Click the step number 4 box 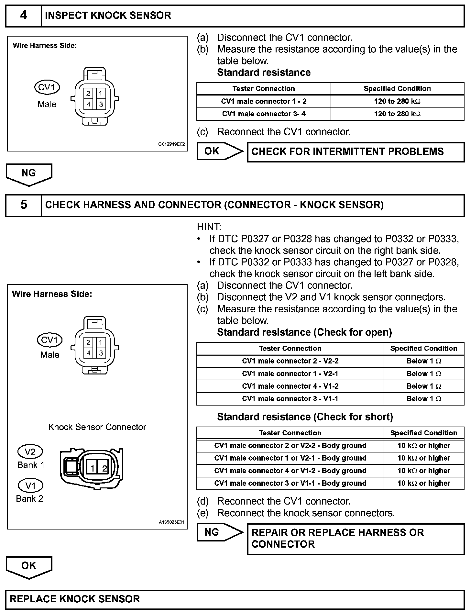(24, 16)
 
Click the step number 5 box (24, 205)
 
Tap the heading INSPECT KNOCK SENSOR (108, 16)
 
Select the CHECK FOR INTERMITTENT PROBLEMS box (356, 152)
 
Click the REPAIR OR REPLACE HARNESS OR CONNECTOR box (356, 538)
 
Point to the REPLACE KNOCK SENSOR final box (235, 599)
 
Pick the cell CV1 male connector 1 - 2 (264, 101)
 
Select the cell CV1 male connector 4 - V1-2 (290, 386)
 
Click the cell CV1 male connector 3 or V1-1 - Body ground (290, 483)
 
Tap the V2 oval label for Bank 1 (30, 452)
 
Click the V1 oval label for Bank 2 (30, 485)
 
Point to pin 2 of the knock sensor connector (104, 468)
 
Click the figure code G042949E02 (171, 144)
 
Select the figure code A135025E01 (171, 522)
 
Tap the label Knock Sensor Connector (97, 427)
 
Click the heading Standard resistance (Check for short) (305, 417)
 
